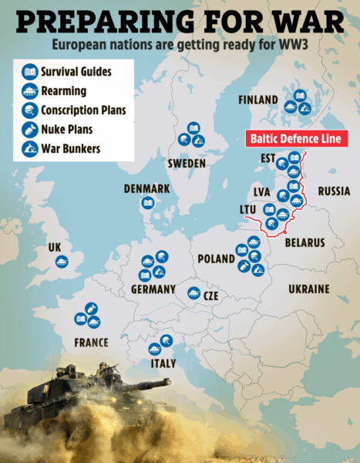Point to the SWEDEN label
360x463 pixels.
187,164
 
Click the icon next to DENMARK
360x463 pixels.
146,204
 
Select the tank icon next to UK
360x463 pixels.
61,262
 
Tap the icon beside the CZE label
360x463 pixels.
193,293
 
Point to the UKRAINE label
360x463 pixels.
308,289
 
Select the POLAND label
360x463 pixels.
216,259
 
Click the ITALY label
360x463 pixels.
163,363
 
